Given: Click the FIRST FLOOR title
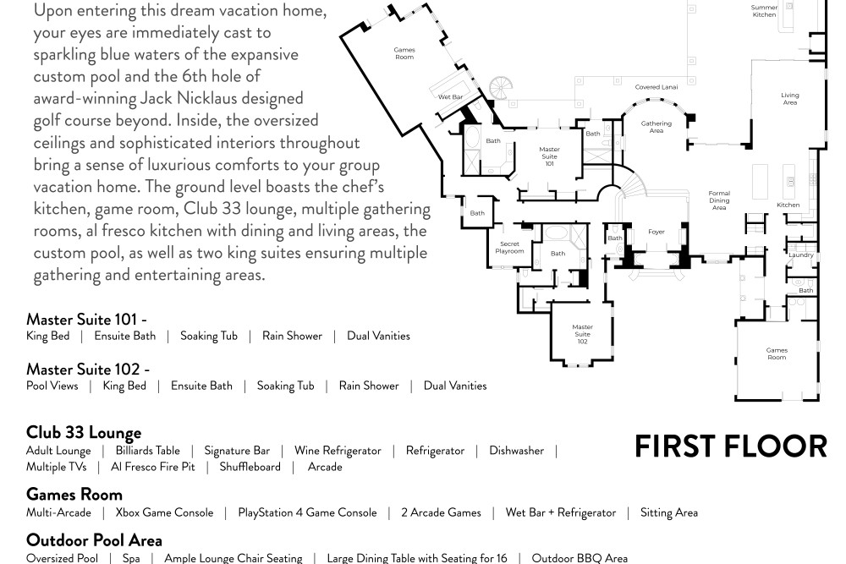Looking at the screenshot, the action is click(731, 446).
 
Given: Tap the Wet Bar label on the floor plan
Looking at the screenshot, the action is click(451, 97).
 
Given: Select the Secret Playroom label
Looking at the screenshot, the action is click(509, 248).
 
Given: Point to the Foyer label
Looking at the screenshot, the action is click(656, 232).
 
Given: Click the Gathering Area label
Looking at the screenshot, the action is click(656, 127).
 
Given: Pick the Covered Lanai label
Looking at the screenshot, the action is click(656, 87).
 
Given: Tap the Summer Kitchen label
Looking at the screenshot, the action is click(764, 11).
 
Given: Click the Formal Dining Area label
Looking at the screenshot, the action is click(719, 200).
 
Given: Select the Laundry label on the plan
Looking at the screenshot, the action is click(800, 255).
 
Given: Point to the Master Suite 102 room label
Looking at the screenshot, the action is click(582, 334).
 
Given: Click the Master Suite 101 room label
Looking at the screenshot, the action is click(549, 156).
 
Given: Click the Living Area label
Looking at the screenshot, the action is click(790, 99).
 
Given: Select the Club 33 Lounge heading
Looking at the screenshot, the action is click(84, 432).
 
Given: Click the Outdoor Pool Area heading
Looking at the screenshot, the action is click(94, 540).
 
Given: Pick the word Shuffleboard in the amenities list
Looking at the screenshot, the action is click(250, 467).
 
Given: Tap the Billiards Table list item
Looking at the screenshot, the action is click(148, 451).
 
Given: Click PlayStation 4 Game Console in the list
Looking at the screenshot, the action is click(308, 512).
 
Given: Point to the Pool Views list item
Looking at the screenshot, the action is click(52, 386).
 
